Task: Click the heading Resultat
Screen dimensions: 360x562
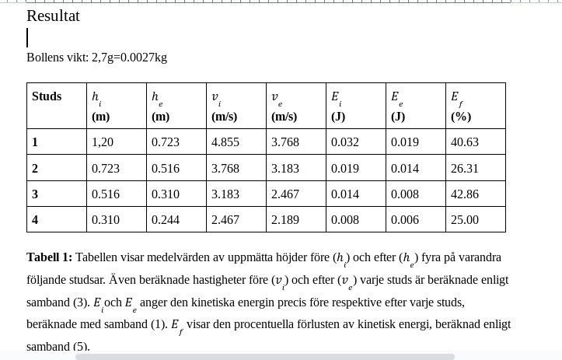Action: (53, 16)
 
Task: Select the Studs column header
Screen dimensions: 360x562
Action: (47, 96)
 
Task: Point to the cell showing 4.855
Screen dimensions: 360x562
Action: (225, 142)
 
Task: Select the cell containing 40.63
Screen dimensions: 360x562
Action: (465, 142)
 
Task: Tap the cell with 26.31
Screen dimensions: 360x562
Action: (465, 168)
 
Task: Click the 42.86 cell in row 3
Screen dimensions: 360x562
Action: (465, 194)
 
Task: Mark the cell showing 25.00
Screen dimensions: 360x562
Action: (465, 220)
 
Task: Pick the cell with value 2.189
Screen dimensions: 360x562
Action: (285, 220)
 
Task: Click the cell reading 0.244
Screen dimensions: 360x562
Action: (166, 220)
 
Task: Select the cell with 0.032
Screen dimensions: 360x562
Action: (345, 142)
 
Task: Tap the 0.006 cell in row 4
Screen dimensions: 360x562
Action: (405, 220)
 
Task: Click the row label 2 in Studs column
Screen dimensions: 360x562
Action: (35, 168)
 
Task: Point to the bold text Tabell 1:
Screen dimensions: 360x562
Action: (49, 257)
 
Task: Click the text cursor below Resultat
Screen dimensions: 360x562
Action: (28, 37)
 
